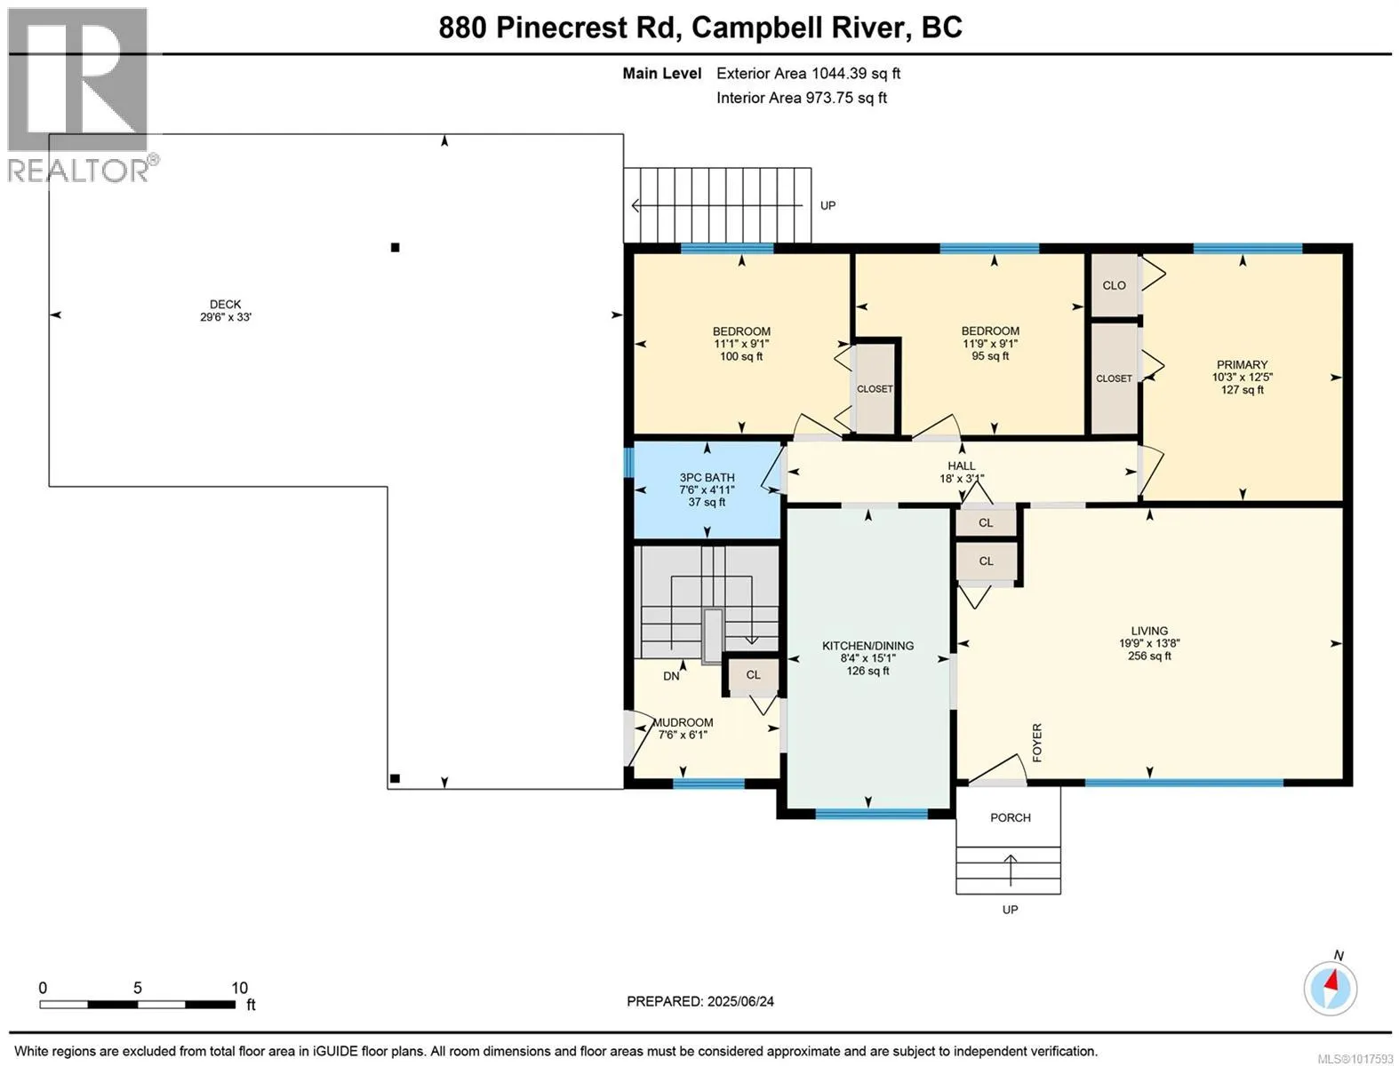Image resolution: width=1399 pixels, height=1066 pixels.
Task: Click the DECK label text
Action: coord(225,305)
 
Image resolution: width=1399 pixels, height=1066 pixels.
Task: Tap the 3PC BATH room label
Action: coord(707,478)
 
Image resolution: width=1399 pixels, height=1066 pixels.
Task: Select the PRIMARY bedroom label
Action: coord(1243,365)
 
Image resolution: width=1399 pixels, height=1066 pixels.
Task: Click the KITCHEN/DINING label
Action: coord(867,646)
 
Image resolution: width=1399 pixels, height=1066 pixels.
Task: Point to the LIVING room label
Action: coord(1149,631)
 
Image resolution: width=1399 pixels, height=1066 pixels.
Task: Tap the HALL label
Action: coord(961,466)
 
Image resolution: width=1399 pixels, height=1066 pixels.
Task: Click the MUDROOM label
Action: coord(683,723)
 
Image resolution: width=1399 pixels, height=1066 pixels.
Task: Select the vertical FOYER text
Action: coord(1037,743)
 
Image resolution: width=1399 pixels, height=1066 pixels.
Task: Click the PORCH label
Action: coord(1011,817)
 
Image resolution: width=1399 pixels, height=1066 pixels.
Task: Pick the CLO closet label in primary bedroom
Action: coord(1114,286)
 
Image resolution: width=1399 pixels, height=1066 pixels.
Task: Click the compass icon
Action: coord(1331,989)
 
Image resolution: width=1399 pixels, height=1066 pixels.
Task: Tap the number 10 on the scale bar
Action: coord(239,988)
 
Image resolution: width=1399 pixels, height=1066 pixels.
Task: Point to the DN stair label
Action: coord(671,676)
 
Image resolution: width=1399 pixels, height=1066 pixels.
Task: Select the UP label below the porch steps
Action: coord(1011,910)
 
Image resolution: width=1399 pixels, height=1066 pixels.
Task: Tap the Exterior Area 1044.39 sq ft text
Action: coord(808,73)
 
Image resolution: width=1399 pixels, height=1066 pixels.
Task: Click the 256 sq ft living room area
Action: coord(1149,656)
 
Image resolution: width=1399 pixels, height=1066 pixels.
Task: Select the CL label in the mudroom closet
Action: coord(754,675)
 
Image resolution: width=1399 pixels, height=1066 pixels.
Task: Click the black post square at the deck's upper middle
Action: coord(396,248)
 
